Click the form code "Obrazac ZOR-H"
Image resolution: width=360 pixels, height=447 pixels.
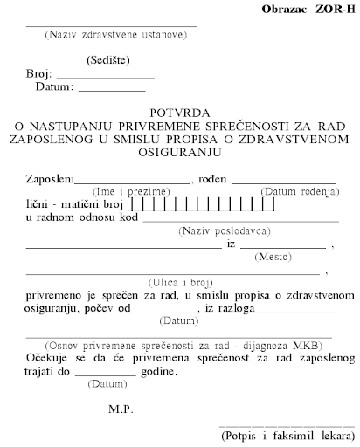tap(307, 9)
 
